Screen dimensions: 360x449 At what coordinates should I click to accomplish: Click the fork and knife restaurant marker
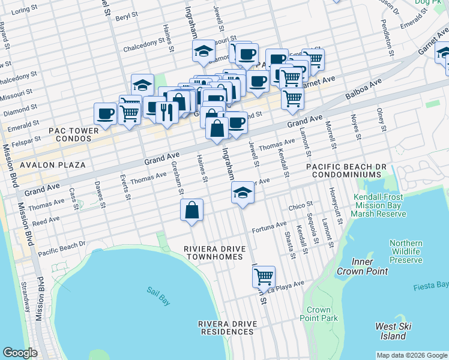tap(167, 111)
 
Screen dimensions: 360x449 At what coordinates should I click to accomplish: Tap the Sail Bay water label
tap(158, 296)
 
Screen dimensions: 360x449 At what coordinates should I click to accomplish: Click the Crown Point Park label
tap(322, 314)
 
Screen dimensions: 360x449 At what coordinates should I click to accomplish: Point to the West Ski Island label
tap(393, 331)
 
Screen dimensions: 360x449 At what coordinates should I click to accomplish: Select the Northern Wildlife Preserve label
tap(406, 252)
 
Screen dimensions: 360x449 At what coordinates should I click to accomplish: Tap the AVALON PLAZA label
tap(52, 164)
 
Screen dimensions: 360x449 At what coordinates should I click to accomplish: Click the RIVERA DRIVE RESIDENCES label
tap(228, 328)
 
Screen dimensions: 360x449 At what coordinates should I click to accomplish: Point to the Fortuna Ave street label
tap(269, 226)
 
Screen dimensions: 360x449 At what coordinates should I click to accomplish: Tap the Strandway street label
tap(25, 296)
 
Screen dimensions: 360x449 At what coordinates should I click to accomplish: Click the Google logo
tap(20, 353)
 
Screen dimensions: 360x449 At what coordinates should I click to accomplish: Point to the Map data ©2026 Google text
tap(411, 355)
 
